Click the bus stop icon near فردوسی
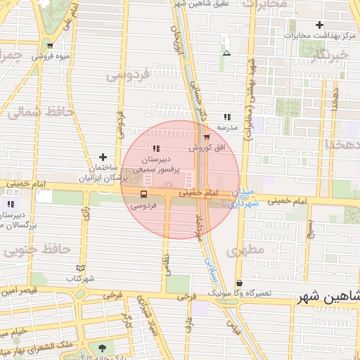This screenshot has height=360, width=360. click(143, 194)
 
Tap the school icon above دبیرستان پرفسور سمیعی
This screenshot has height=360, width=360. click(156, 148)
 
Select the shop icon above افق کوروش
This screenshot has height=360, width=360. click(206, 137)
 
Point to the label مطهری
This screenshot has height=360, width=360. click(245, 250)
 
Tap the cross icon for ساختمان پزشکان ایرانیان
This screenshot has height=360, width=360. click(103, 157)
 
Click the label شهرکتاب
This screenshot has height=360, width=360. click(81, 278)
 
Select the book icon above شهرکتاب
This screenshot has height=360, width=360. click(80, 268)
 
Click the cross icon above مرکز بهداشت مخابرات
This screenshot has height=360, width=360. click(319, 25)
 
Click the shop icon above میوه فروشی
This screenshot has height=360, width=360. click(49, 46)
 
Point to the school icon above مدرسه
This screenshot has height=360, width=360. click(226, 117)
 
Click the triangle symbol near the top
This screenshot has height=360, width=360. click(226, 53)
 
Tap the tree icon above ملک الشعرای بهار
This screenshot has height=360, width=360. click(104, 347)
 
